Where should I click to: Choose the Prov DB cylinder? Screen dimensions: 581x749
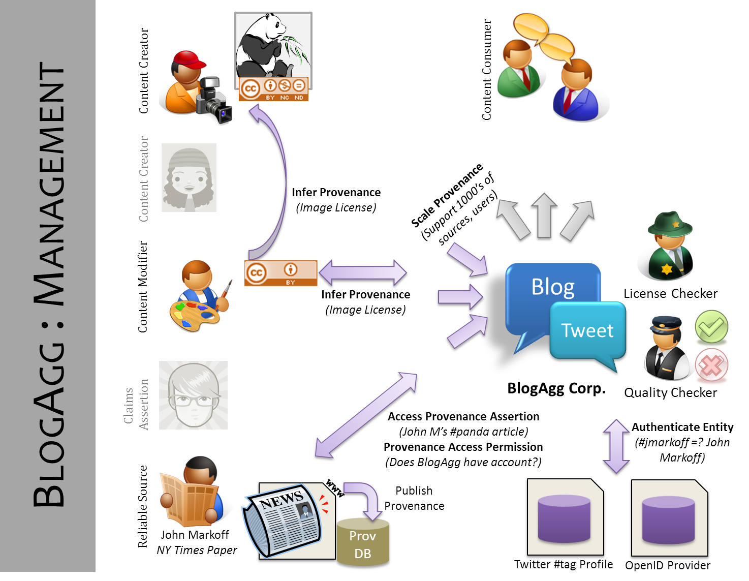click(x=363, y=543)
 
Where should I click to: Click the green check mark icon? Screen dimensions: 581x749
click(x=711, y=326)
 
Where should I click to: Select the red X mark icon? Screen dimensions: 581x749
click(x=711, y=365)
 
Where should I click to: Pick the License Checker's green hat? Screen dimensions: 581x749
click(x=669, y=224)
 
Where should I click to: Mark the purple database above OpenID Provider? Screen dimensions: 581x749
click(x=668, y=519)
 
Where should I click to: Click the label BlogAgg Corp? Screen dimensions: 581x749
click(x=556, y=389)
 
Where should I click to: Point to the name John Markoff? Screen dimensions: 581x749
click(x=195, y=535)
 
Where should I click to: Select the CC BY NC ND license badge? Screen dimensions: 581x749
click(x=274, y=89)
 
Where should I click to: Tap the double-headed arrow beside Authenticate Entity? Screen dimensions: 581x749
click(x=616, y=447)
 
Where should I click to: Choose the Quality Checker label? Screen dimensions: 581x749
click(x=670, y=393)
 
